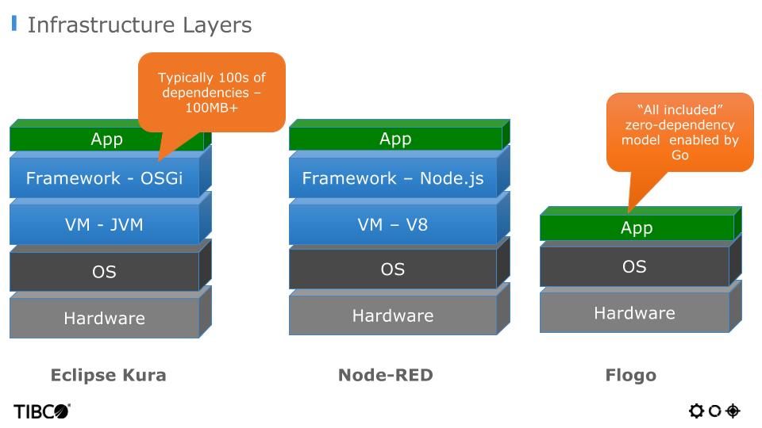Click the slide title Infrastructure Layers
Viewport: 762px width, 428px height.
[x=139, y=25]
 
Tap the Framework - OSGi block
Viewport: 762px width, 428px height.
[x=104, y=178]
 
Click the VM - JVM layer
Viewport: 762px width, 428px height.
[x=104, y=224]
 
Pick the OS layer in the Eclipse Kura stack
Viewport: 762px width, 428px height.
[x=104, y=272]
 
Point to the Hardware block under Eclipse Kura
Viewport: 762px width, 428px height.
[x=104, y=319]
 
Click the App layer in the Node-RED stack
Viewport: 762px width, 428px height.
[x=394, y=139]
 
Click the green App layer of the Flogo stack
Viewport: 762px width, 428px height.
[x=635, y=228]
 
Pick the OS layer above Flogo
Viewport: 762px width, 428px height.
[x=635, y=266]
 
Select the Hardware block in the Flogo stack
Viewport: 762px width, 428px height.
[x=635, y=313]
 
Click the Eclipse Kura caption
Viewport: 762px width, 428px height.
[x=108, y=375]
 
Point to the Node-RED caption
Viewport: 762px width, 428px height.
[x=386, y=375]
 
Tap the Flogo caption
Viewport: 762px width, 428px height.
[x=631, y=375]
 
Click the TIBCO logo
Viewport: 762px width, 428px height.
[x=42, y=411]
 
